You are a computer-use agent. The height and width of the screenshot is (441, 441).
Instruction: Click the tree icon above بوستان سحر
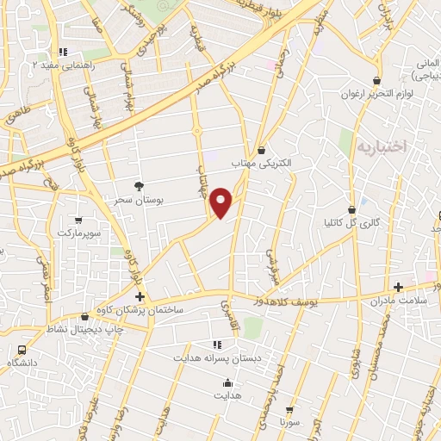pos(140,185)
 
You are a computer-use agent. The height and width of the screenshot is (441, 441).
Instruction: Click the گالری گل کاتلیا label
pos(351,223)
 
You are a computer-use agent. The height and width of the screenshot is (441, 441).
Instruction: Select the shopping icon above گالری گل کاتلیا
pos(351,209)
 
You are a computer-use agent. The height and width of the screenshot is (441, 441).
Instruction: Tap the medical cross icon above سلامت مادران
pos(398,287)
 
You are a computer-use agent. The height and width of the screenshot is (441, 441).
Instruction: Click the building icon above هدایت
pos(227,383)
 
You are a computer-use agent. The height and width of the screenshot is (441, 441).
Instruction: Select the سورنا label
pos(288,425)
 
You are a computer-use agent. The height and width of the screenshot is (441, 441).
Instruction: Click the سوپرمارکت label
pos(80,233)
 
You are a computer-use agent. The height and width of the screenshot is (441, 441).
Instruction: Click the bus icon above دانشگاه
pos(22,350)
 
